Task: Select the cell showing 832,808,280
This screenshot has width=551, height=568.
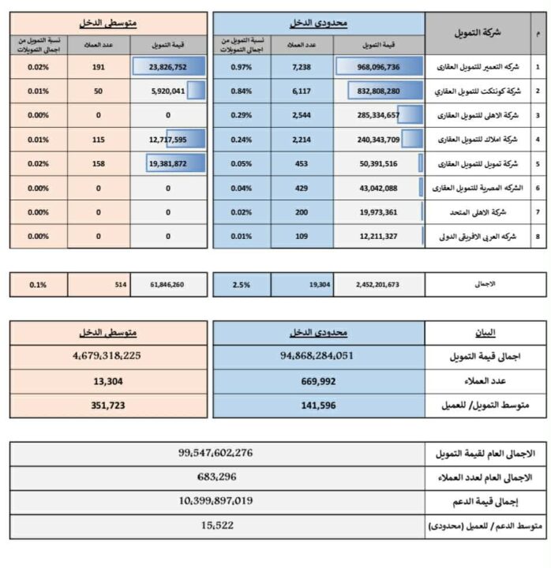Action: click(x=373, y=92)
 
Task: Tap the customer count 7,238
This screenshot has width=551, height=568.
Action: click(x=302, y=68)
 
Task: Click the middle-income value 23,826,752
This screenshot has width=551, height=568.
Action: click(x=167, y=68)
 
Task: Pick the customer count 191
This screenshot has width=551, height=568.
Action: click(x=99, y=68)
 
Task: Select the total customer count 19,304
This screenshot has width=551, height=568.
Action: click(x=302, y=283)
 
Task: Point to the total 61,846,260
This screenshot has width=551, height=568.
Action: click(x=167, y=283)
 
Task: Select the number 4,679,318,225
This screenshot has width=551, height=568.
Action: click(x=110, y=356)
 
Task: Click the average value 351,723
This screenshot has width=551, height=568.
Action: click(x=110, y=405)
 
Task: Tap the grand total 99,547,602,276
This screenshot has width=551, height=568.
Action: click(x=216, y=453)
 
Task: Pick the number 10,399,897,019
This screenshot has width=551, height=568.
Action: click(x=216, y=501)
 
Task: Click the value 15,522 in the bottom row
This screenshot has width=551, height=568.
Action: click(x=216, y=525)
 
